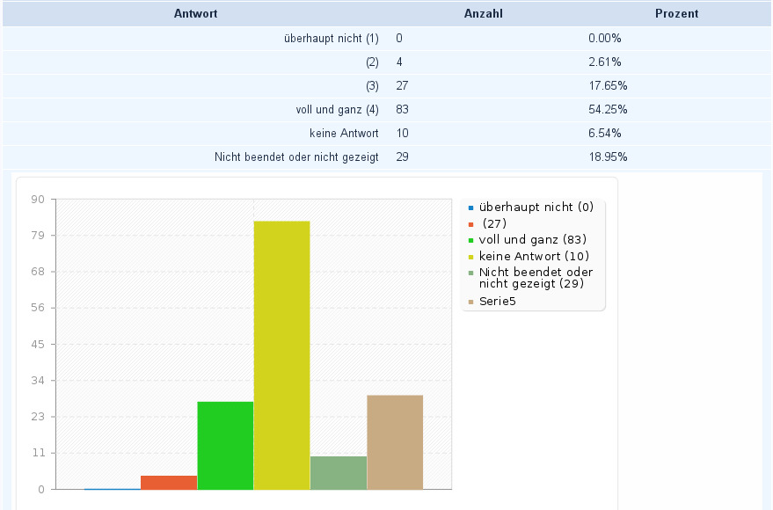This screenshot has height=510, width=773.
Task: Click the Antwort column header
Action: coord(195,14)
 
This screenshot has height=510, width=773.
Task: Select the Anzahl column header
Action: coord(484,14)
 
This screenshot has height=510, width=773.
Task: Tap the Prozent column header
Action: coord(676,14)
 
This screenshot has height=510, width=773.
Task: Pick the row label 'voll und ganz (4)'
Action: coord(338,110)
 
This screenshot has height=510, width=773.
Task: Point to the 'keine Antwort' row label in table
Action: coord(344,134)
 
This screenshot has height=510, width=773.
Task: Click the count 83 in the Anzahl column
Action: coord(403,110)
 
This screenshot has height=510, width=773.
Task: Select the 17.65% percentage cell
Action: coord(607,86)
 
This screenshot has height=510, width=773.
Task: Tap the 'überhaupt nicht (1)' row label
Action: coord(332,39)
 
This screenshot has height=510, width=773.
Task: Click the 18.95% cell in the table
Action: coord(607,157)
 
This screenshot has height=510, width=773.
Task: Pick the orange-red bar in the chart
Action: coord(169,482)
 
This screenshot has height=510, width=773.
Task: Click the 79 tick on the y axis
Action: coord(39,236)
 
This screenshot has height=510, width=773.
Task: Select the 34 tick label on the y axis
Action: coord(39,381)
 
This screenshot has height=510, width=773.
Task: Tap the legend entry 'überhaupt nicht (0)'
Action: coord(536,208)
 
